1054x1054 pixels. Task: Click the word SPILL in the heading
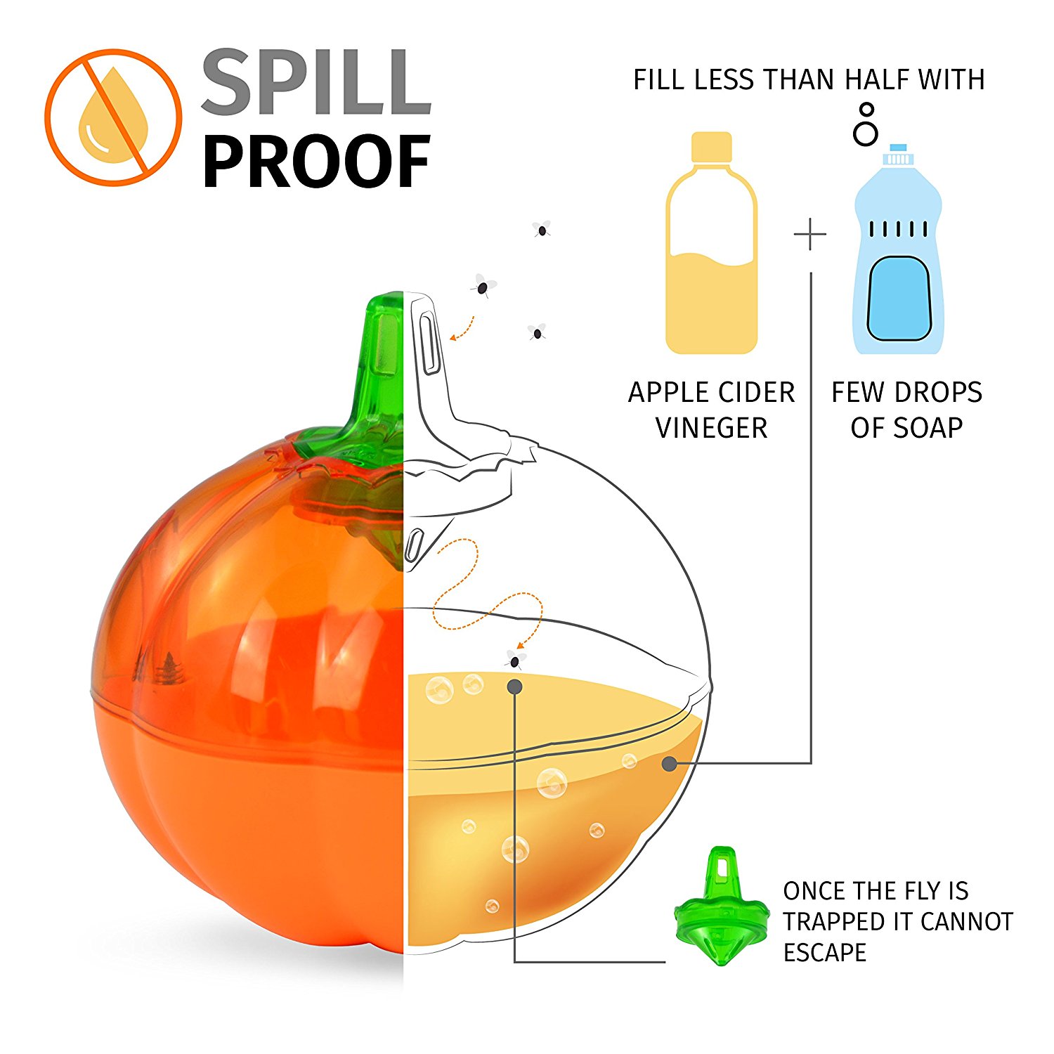click(x=316, y=83)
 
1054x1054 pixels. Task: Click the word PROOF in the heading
click(x=316, y=162)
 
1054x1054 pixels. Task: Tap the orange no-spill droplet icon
click(x=113, y=117)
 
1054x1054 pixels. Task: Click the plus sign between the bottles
click(x=810, y=235)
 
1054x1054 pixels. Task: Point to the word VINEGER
click(x=711, y=428)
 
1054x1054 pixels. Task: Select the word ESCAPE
click(x=825, y=953)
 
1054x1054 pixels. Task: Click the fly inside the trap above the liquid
click(x=515, y=660)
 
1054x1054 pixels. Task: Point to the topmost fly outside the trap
click(x=541, y=229)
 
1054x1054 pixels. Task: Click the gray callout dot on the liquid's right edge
click(x=670, y=763)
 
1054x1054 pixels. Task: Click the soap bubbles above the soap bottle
click(x=866, y=125)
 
